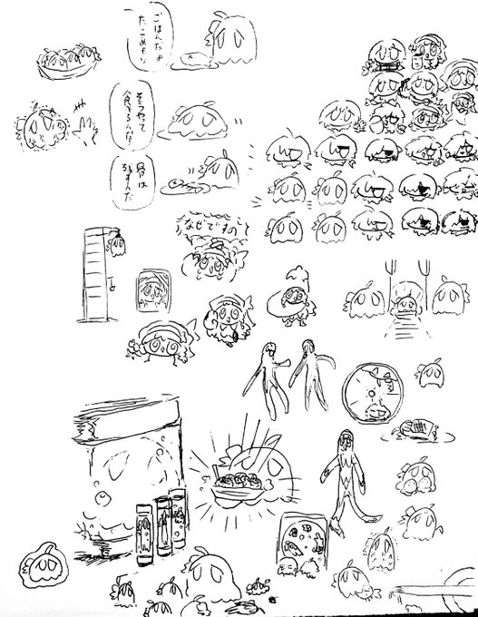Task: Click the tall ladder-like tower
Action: coord(95,272)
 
